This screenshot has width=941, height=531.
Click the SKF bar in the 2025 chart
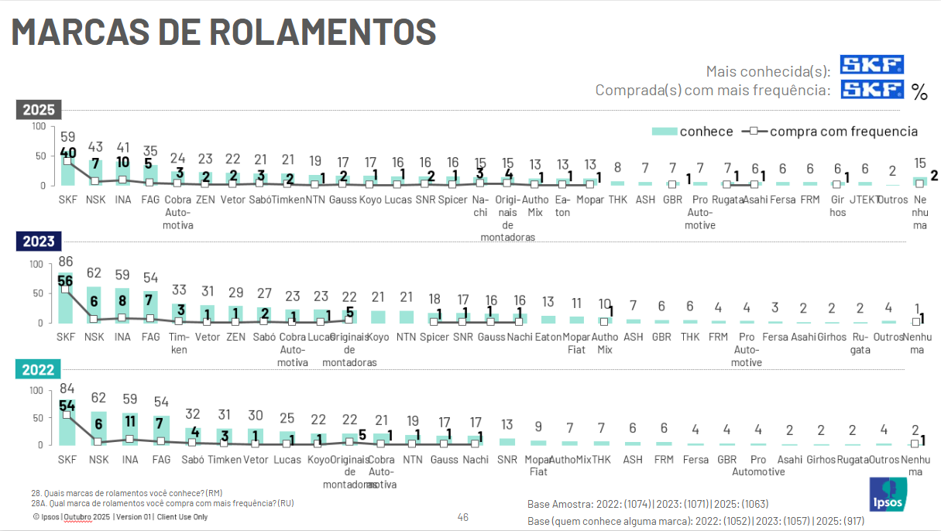pos(68,172)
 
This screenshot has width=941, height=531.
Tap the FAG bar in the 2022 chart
pos(160,430)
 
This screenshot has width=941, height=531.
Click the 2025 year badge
pos(39,110)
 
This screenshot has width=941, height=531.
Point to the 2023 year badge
pos(39,242)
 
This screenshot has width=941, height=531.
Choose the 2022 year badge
pos(39,370)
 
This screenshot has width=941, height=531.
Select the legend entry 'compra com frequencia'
pos(829,132)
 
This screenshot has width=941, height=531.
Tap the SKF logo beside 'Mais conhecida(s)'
pos(872,65)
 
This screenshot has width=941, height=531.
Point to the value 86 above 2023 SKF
pos(66,262)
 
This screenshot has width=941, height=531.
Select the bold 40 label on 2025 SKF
pos(67,153)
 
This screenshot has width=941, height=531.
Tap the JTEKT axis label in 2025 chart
pos(865,200)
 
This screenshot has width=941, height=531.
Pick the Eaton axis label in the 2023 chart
pos(548,337)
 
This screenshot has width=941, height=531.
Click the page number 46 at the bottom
pos(463,517)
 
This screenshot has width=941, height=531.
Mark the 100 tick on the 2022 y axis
pos(36,390)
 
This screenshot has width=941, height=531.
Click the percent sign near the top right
pos(919,93)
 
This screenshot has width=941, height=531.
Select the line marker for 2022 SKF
pos(67,415)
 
